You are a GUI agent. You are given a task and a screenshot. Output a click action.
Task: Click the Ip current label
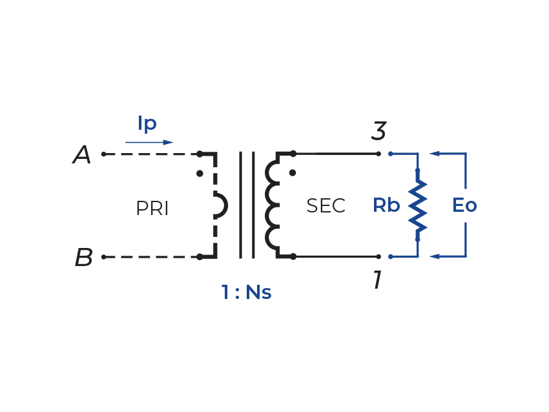pyautogui.click(x=148, y=124)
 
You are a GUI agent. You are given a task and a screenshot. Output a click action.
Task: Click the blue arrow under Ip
pyautogui.click(x=149, y=142)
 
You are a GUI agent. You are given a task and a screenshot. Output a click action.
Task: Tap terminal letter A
pyautogui.click(x=82, y=155)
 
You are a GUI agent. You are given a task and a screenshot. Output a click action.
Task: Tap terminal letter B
pyautogui.click(x=83, y=258)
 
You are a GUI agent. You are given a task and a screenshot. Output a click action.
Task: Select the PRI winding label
pyautogui.click(x=152, y=209)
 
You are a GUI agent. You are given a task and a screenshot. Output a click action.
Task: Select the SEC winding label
pyautogui.click(x=326, y=206)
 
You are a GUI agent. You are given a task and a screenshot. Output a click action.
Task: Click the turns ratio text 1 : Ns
pyautogui.click(x=246, y=293)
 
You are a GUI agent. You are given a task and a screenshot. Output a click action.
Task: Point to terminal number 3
pyautogui.click(x=378, y=132)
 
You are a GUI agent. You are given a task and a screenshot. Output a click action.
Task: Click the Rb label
pyautogui.click(x=386, y=206)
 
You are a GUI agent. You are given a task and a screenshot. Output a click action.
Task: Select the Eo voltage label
pyautogui.click(x=464, y=206)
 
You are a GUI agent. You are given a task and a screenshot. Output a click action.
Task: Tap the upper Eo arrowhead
pyautogui.click(x=435, y=154)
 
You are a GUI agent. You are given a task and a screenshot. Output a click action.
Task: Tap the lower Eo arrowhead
pyautogui.click(x=435, y=257)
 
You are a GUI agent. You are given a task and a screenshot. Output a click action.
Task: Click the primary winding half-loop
pyautogui.click(x=221, y=206)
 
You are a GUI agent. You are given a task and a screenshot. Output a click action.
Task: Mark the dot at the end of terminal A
pyautogui.click(x=103, y=155)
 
